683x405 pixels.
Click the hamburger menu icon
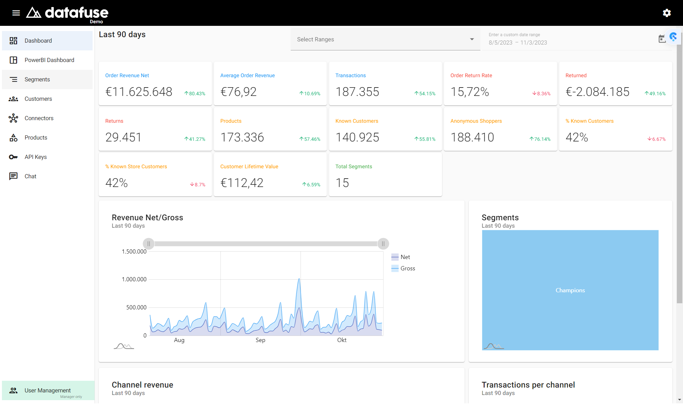tap(16, 13)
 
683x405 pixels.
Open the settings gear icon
tap(667, 13)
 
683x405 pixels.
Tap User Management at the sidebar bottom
tap(48, 390)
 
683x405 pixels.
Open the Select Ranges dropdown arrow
tap(472, 39)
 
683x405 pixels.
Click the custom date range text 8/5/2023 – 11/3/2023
tap(518, 43)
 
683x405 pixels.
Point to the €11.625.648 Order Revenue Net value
tap(139, 92)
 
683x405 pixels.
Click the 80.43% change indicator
tap(195, 94)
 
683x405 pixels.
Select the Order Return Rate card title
tap(471, 76)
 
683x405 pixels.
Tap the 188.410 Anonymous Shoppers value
tap(472, 138)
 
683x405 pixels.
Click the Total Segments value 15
tap(342, 183)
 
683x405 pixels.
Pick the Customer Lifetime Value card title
tap(249, 167)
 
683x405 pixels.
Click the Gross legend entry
tap(403, 268)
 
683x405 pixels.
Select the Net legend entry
tap(401, 257)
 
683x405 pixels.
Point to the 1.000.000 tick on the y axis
tap(134, 279)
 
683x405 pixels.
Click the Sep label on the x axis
tap(260, 340)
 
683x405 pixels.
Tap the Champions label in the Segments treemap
tap(570, 290)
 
